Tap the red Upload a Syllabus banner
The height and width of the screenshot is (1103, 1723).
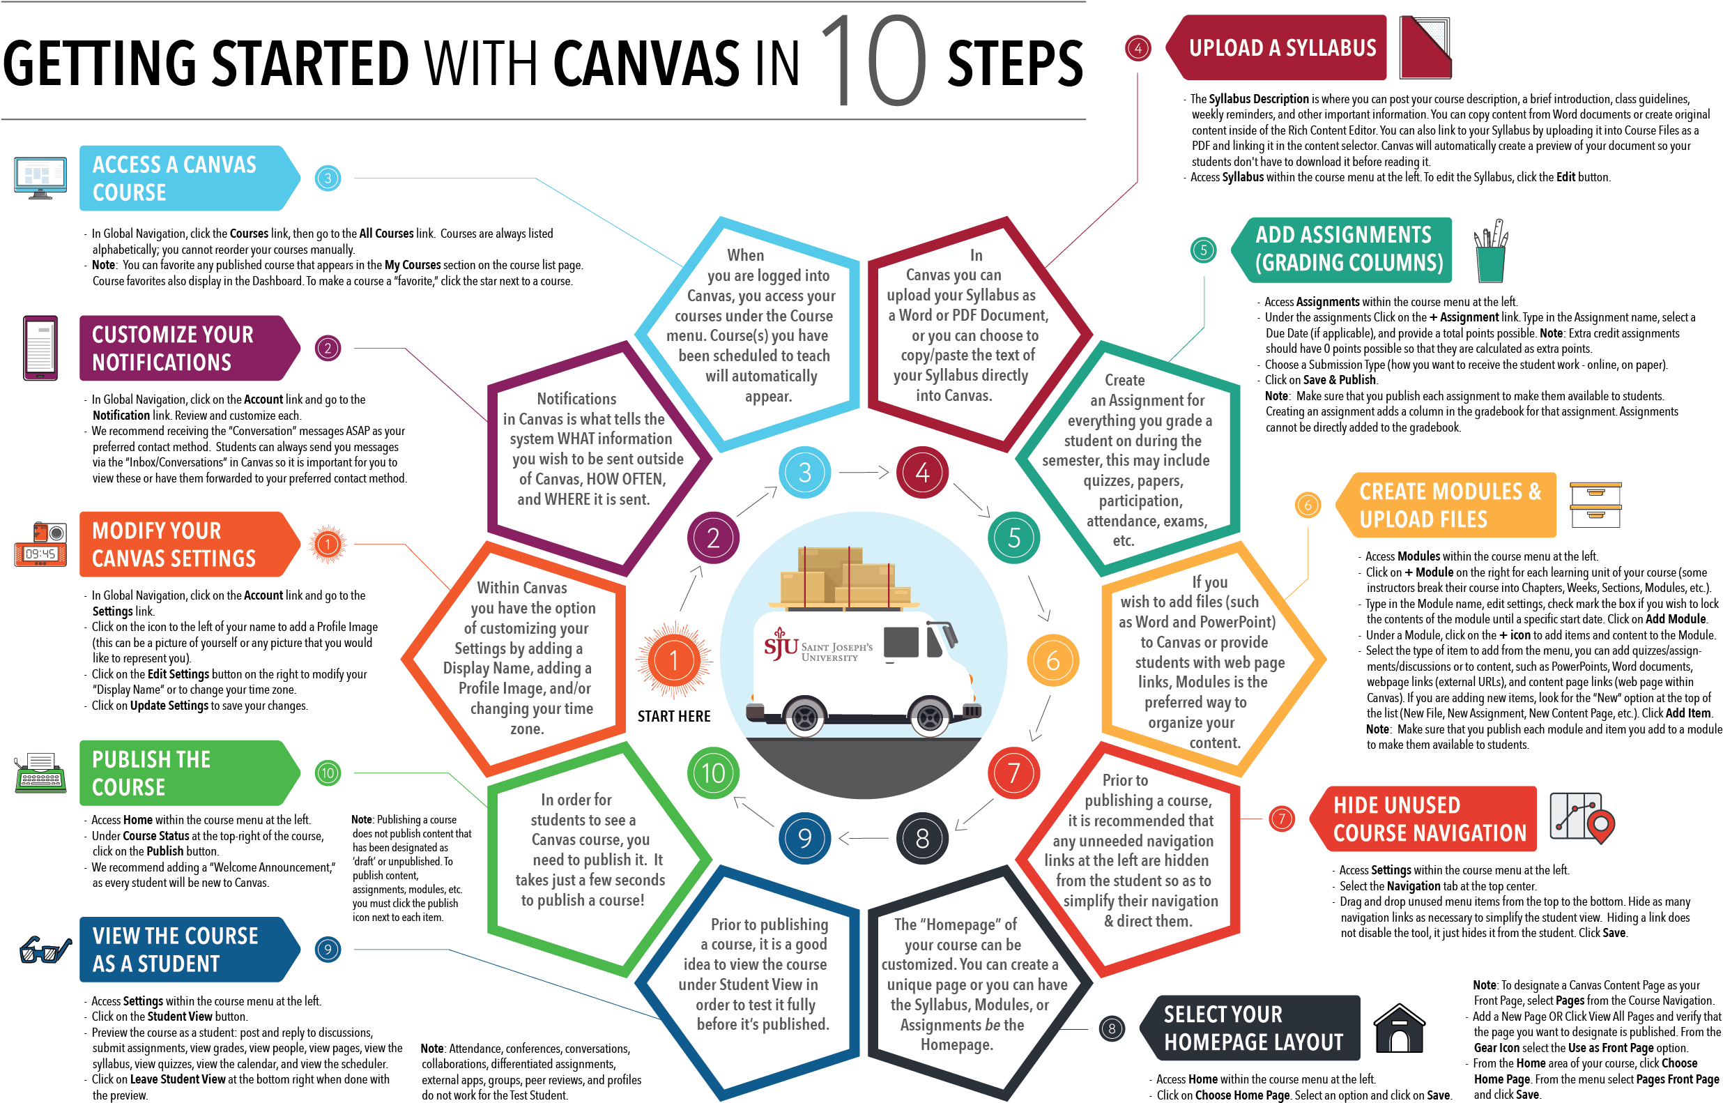[x=1281, y=47]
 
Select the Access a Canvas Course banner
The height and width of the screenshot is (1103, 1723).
[x=186, y=178]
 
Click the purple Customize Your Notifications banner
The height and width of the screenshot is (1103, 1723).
[x=186, y=348]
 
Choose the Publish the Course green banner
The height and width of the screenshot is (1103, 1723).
[x=186, y=773]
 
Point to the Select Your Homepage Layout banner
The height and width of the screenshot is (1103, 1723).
[x=1253, y=1028]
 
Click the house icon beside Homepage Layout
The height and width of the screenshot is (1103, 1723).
[x=1400, y=1028]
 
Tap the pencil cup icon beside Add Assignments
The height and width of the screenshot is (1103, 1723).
[x=1491, y=252]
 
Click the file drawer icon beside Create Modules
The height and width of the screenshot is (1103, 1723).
[x=1595, y=505]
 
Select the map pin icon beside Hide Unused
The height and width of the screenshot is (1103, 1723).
[x=1600, y=825]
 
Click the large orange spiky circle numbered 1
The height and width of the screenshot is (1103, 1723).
[x=673, y=660]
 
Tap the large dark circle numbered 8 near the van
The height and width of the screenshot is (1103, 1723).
[x=922, y=838]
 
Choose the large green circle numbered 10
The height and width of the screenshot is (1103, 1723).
[x=713, y=773]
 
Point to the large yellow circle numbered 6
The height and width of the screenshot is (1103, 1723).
[x=1052, y=660]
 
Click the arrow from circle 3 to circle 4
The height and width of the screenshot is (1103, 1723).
[x=864, y=473]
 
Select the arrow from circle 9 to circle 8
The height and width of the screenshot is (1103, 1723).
[x=864, y=838]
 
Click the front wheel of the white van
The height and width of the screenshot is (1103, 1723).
[x=930, y=716]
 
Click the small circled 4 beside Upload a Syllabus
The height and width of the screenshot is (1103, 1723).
[x=1138, y=48]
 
